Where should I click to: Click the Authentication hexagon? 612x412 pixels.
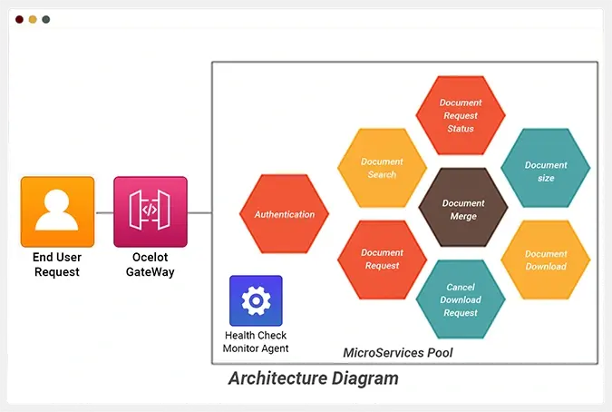(285, 214)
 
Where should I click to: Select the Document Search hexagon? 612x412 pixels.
(382, 168)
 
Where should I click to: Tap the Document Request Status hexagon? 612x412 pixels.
(461, 115)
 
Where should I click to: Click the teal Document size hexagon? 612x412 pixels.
(546, 172)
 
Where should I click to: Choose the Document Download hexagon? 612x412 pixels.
(546, 260)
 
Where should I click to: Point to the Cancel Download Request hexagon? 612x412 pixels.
(461, 299)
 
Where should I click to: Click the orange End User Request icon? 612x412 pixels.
(57, 212)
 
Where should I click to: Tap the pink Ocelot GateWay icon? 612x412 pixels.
(151, 212)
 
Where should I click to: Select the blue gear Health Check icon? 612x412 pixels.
(256, 300)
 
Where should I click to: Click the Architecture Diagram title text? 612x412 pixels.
(313, 378)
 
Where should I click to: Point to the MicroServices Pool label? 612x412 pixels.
(398, 352)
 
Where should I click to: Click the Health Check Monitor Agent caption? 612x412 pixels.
(256, 342)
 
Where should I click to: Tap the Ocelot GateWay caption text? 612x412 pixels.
(151, 265)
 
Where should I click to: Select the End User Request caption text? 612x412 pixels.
(56, 265)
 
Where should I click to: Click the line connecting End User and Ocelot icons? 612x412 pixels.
(104, 213)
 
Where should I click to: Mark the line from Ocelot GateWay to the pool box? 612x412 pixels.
(199, 213)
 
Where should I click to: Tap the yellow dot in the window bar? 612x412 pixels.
(33, 19)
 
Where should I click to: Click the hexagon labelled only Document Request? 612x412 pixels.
(382, 260)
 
